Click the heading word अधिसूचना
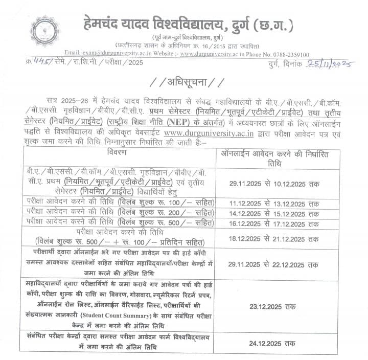(x=183, y=83)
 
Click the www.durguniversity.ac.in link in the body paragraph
(x=202, y=135)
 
